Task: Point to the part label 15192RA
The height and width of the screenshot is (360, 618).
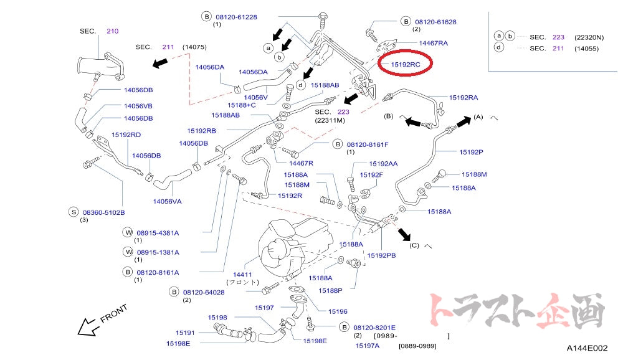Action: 463,97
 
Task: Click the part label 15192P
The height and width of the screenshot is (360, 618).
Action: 471,152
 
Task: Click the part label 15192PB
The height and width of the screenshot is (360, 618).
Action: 381,255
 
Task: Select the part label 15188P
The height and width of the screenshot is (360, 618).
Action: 331,290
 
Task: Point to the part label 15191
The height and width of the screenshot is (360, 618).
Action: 185,333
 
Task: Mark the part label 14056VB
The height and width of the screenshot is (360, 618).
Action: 138,106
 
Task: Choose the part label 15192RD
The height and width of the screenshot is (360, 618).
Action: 126,135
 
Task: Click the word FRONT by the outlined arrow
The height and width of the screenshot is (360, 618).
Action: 114,313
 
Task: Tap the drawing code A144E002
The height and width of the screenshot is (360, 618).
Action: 587,348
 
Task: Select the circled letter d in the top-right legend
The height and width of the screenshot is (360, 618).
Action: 499,48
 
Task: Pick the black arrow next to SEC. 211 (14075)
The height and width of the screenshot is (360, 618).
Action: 160,62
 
